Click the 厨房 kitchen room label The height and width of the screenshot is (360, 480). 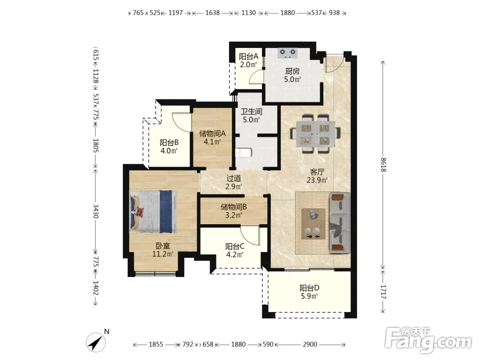(292, 72)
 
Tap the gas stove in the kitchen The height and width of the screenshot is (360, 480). (288, 53)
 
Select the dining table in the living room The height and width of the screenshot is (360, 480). (315, 134)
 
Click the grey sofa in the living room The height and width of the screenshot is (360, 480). (339, 223)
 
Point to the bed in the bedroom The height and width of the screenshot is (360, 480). (154, 212)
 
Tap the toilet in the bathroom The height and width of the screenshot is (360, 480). (243, 152)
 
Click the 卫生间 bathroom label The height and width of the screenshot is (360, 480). (252, 112)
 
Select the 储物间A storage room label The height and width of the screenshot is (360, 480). (213, 133)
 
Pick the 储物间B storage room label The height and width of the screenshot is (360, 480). (234, 207)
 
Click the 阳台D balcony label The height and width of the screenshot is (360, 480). (310, 288)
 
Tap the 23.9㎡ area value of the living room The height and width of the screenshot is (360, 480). (317, 180)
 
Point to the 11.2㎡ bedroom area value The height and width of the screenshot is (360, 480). (163, 254)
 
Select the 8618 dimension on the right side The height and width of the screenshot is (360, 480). (383, 165)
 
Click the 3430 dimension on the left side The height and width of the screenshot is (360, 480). (96, 211)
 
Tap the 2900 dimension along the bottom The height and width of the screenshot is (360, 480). (310, 344)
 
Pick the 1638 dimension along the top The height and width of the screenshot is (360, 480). (213, 13)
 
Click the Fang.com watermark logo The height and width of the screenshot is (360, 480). (428, 340)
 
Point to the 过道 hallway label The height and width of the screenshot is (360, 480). (234, 178)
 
